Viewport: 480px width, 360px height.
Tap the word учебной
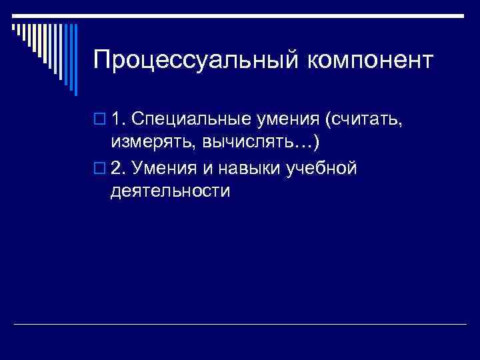click(322, 168)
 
